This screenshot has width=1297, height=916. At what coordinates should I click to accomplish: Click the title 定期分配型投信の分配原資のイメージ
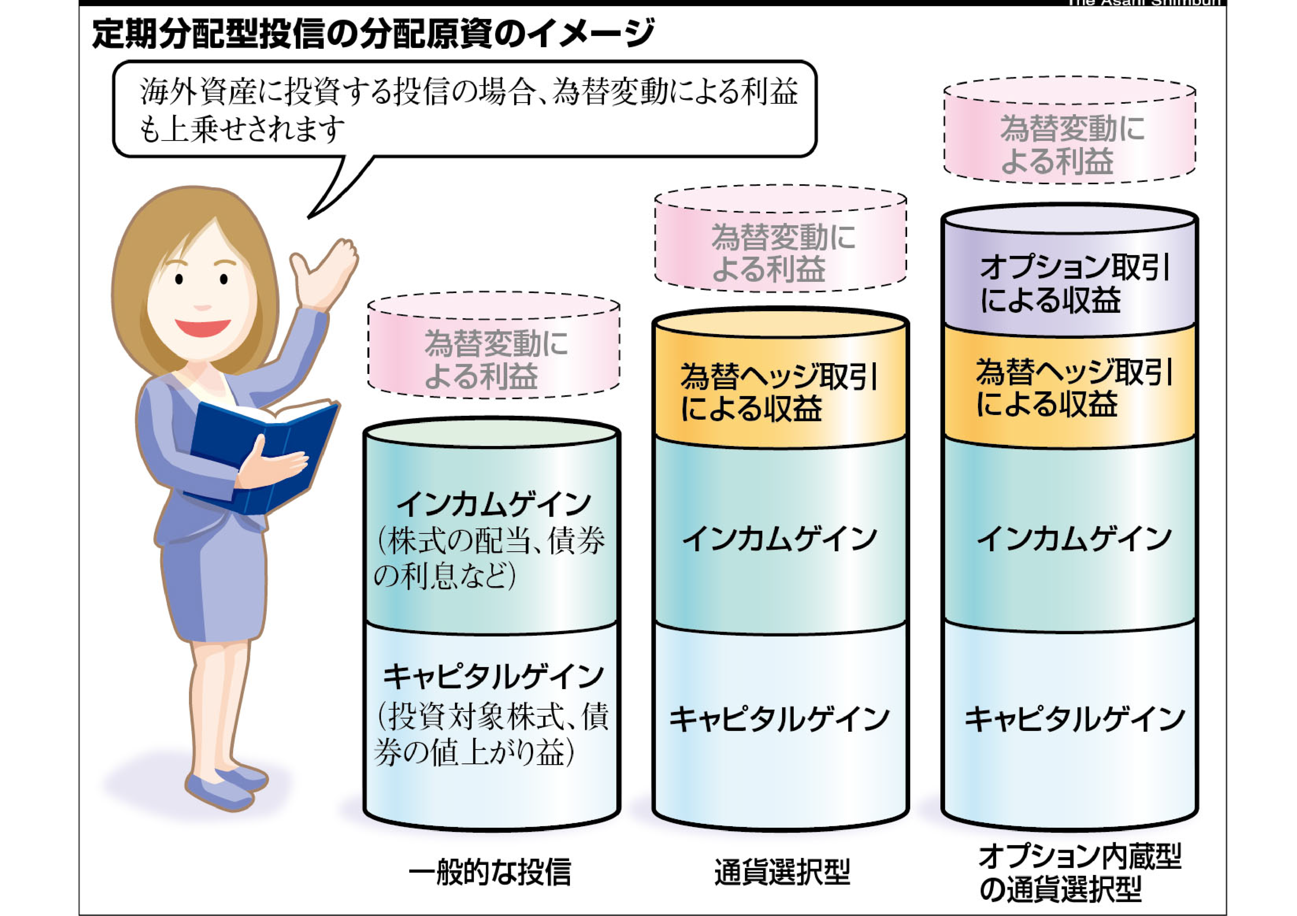373,34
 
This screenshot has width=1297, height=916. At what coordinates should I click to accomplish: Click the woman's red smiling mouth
202,327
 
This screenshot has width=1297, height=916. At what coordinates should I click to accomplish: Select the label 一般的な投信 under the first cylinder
490,871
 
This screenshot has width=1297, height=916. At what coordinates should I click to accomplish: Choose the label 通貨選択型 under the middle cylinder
782,871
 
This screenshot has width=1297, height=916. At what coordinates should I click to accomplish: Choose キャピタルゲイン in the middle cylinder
779,719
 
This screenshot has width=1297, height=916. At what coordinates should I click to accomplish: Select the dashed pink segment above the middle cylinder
781,252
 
